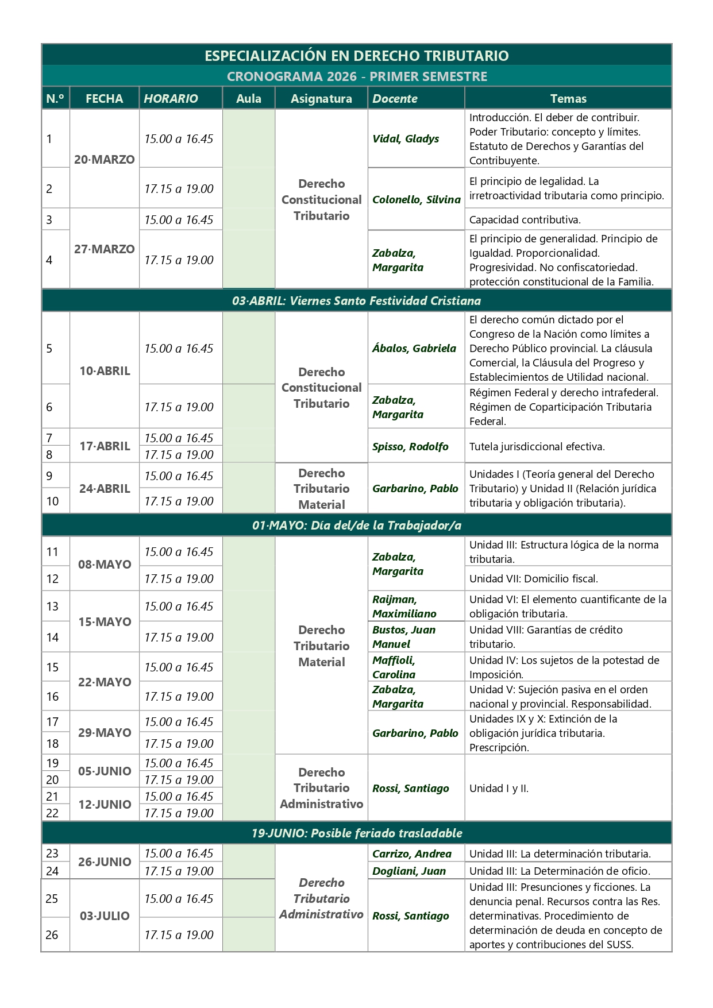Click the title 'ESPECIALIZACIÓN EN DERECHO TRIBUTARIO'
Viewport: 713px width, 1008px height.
tap(356, 56)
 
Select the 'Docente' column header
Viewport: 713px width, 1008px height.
tap(395, 98)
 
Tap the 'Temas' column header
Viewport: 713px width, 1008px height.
tap(568, 98)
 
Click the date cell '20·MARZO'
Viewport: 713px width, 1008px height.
tap(104, 159)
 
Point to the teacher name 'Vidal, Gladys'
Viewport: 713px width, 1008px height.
tap(406, 138)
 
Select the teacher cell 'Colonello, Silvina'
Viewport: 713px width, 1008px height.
tap(416, 199)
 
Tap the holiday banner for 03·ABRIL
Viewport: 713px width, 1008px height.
tap(356, 300)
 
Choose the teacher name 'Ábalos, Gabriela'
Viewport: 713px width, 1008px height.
tap(414, 348)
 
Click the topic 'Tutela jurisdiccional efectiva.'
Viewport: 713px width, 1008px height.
tap(537, 446)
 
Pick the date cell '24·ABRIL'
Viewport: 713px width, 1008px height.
tap(104, 488)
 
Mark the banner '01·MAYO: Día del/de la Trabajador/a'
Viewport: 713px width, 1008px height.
tap(356, 525)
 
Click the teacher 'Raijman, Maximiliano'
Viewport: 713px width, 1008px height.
tap(404, 606)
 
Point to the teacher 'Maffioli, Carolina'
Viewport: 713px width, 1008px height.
tap(394, 667)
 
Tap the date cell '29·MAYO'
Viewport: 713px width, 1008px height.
tap(104, 732)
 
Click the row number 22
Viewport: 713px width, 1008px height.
tap(52, 813)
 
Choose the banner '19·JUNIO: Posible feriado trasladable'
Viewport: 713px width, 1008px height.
tap(356, 833)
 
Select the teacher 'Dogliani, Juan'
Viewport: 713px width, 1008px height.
tap(408, 871)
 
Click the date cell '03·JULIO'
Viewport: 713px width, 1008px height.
tap(104, 916)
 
